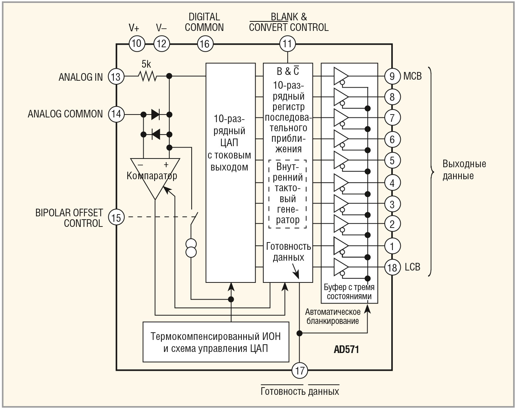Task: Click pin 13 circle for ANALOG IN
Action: pos(116,77)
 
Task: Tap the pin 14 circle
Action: pos(116,114)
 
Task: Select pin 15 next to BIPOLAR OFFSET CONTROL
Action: pos(116,217)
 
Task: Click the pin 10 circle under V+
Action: pos(137,44)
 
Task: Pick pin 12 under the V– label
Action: pos(161,44)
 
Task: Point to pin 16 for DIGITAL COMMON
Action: pos(205,44)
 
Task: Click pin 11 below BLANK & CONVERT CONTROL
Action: pos(287,44)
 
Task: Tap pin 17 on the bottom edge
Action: pos(300,370)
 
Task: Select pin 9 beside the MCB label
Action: pos(392,76)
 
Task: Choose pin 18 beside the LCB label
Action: pos(392,267)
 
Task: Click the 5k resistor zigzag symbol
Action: pos(148,77)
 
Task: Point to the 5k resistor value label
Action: pos(146,64)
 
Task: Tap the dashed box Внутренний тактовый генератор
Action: pos(288,194)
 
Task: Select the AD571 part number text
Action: pos(347,349)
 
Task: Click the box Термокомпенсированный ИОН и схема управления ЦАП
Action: pos(216,342)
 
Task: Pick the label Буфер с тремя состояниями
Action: pos(349,292)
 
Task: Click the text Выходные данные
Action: pos(464,170)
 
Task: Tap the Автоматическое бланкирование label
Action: pos(333,316)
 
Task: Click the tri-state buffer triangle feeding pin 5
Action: pos(340,160)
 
